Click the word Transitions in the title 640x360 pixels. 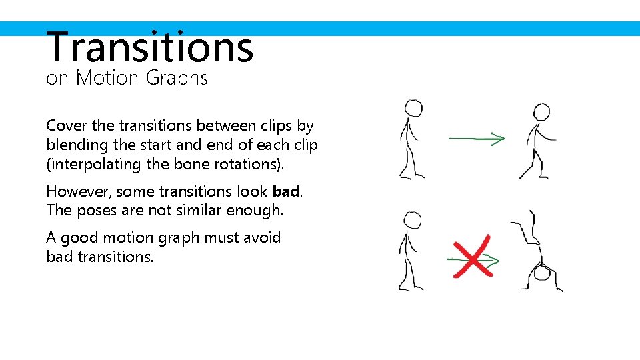pyautogui.click(x=150, y=47)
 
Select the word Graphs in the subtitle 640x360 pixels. pyautogui.click(x=177, y=78)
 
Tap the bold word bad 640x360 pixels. pyautogui.click(x=286, y=192)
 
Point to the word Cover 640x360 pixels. pyautogui.click(x=67, y=125)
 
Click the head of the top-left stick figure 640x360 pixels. pyautogui.click(x=413, y=108)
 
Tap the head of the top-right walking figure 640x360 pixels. pyautogui.click(x=542, y=112)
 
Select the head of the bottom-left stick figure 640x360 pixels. pyautogui.click(x=413, y=221)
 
